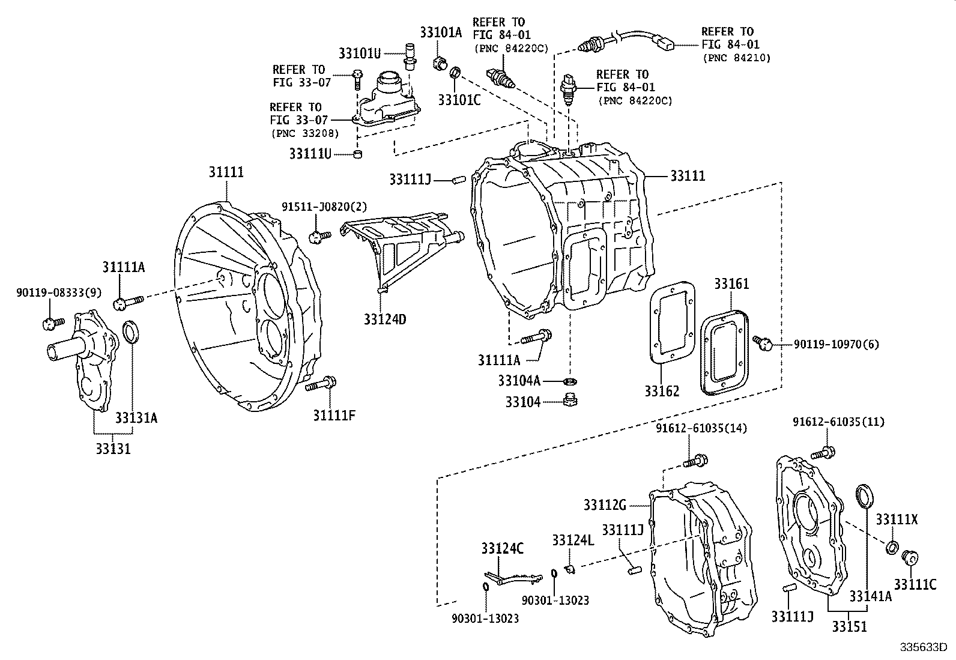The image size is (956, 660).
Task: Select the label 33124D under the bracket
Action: [x=384, y=319]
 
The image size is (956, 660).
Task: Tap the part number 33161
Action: [x=731, y=283]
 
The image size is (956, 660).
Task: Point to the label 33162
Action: [x=662, y=392]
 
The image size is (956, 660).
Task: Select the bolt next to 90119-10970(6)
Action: [x=764, y=343]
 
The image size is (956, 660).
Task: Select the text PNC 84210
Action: [x=736, y=58]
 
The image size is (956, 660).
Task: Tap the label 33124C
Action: [x=502, y=548]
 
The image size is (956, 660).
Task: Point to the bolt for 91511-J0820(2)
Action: [x=318, y=237]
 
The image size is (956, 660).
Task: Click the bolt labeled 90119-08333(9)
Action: [x=52, y=324]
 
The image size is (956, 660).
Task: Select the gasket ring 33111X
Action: [x=893, y=546]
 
